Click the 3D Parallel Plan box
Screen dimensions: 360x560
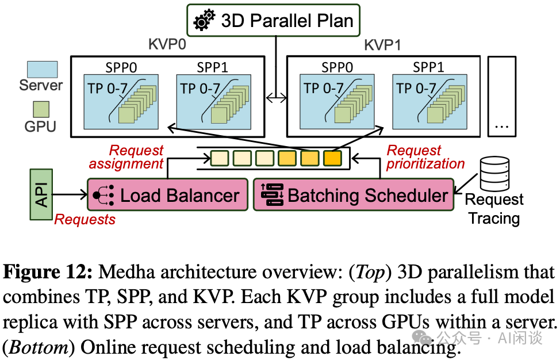(273, 21)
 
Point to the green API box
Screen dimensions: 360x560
(41, 194)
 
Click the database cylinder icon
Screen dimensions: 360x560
(494, 174)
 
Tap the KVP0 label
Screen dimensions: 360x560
(167, 45)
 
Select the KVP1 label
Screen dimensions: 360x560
(382, 45)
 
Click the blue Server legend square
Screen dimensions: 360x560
(42, 70)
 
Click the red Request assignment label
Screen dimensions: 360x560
(126, 157)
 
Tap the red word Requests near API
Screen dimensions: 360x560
(85, 219)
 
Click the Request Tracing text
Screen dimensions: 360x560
(494, 209)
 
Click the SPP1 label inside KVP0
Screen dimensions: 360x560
(212, 67)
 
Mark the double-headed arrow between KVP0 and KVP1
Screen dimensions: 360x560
(275, 98)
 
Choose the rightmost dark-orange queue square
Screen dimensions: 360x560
(332, 158)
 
